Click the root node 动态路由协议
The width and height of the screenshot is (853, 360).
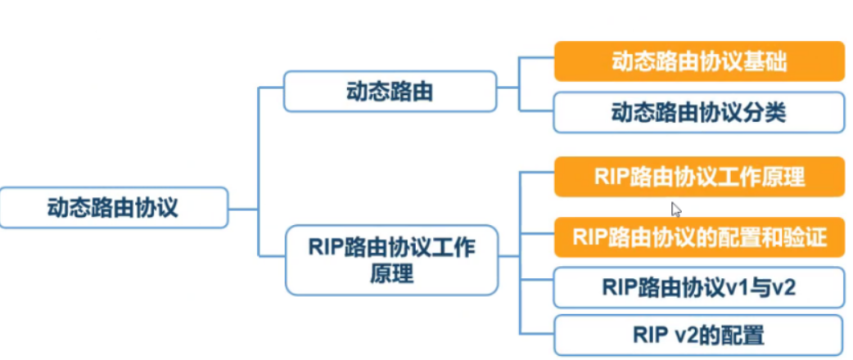(113, 207)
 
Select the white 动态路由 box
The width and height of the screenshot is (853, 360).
(390, 92)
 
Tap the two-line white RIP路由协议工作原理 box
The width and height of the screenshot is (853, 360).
(391, 259)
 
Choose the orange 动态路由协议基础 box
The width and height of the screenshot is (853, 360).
(698, 62)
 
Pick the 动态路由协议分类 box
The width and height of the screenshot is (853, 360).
(698, 113)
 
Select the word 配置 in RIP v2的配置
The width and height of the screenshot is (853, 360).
(744, 335)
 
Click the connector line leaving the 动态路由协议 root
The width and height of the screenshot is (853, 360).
(242, 207)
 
